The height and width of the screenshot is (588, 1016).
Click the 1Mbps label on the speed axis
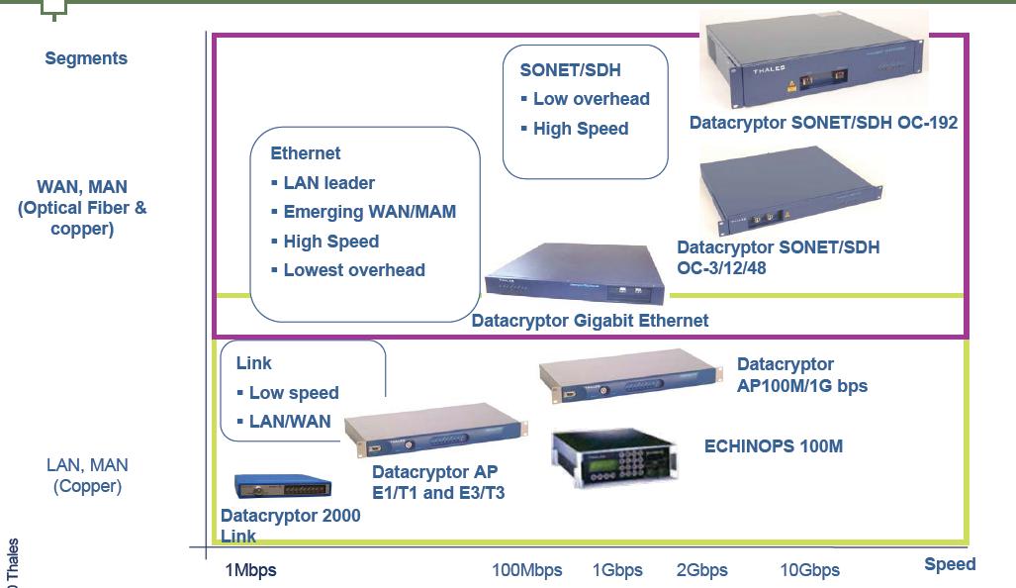[251, 570]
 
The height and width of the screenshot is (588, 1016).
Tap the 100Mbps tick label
[526, 570]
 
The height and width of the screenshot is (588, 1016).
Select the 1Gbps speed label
[617, 570]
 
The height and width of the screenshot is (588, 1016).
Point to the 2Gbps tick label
[701, 570]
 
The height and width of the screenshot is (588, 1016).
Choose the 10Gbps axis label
[809, 570]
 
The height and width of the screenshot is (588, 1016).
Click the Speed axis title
[950, 564]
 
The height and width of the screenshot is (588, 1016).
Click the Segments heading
[86, 58]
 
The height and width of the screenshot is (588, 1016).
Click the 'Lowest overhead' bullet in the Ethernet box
[354, 270]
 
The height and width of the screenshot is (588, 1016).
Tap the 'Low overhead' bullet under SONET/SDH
[591, 99]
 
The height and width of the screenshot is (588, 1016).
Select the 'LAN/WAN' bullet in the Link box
[290, 422]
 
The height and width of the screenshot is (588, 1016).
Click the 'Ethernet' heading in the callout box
[305, 153]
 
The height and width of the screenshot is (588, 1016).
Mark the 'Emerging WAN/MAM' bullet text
[369, 212]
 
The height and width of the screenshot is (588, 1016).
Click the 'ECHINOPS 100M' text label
[774, 446]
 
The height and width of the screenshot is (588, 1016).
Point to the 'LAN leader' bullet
[328, 183]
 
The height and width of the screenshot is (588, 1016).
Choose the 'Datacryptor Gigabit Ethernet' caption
[590, 321]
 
